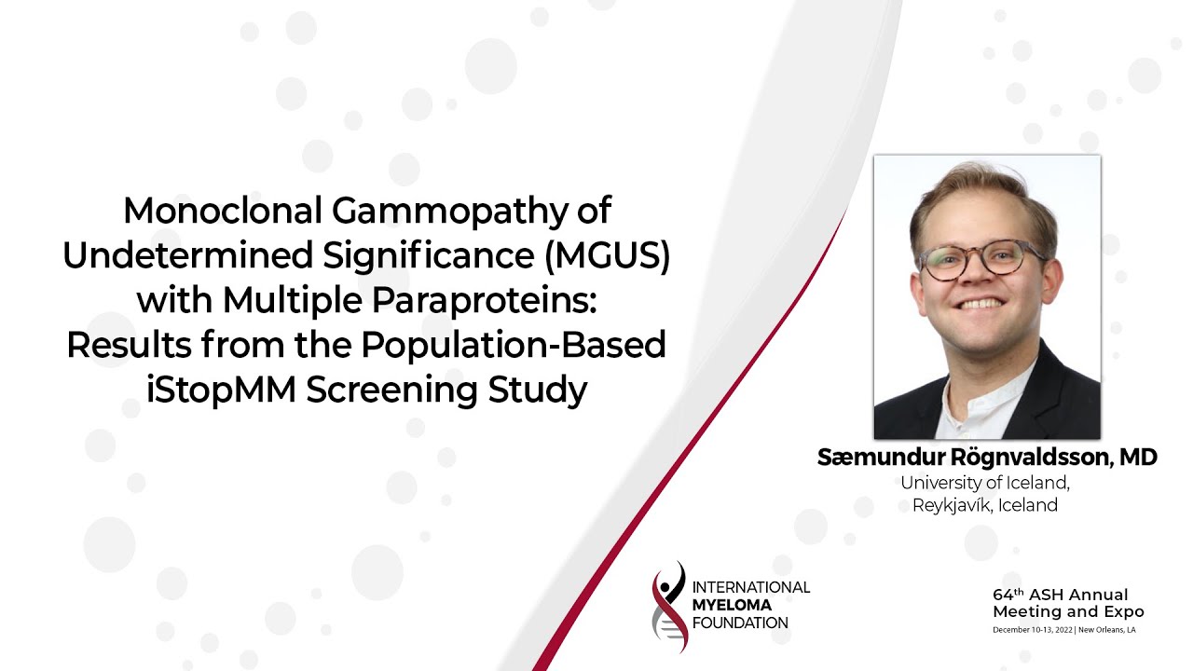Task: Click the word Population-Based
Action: click(x=514, y=345)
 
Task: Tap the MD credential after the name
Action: click(x=1138, y=458)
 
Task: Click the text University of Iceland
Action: click(x=984, y=483)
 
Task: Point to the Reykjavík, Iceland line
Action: click(x=984, y=506)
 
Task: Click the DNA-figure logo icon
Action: click(x=669, y=606)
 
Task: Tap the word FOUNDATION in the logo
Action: click(x=741, y=623)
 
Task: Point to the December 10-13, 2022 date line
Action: click(x=1033, y=630)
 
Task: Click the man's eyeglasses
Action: click(x=980, y=258)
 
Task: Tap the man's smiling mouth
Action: click(x=980, y=305)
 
